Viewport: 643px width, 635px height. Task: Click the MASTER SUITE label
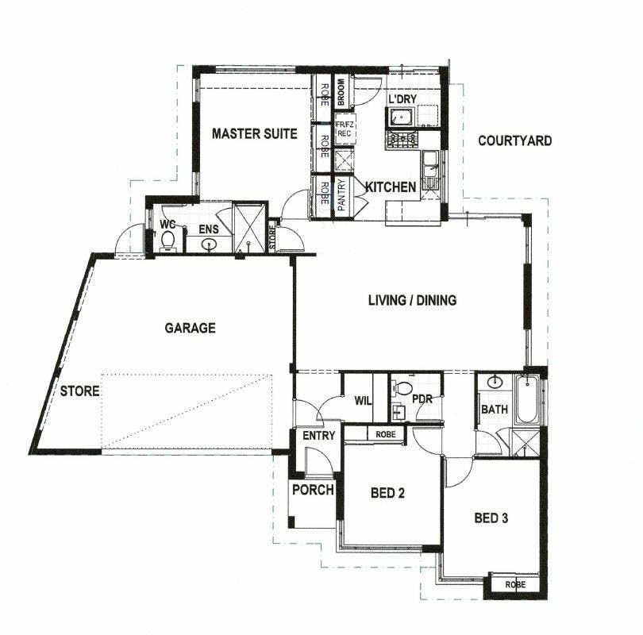click(x=254, y=133)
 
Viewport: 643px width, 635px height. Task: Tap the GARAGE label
click(x=190, y=328)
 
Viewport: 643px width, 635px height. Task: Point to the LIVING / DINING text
click(x=412, y=300)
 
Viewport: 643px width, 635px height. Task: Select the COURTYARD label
click(x=514, y=141)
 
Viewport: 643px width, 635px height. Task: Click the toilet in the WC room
click(x=167, y=241)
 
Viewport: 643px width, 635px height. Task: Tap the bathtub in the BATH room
click(x=526, y=400)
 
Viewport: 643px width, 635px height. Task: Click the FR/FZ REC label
click(x=344, y=129)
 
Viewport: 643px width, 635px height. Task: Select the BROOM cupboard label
click(x=341, y=92)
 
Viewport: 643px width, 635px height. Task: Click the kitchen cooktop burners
click(x=402, y=140)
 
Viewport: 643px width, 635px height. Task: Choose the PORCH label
click(x=313, y=490)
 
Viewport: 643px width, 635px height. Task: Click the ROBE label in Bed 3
click(x=515, y=584)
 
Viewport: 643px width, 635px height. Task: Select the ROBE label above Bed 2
click(x=386, y=434)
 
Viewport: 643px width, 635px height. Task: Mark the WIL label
click(x=364, y=401)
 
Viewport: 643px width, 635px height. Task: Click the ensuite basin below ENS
click(x=209, y=245)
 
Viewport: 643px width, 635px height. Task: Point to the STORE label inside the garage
click(x=79, y=391)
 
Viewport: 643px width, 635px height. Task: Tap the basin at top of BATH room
click(x=495, y=382)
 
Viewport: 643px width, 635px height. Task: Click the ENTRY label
click(x=319, y=435)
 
